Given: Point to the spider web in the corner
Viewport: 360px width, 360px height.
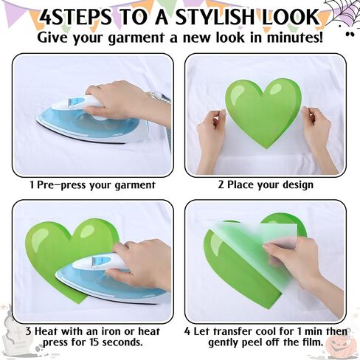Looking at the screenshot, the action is pyautogui.click(x=345, y=11).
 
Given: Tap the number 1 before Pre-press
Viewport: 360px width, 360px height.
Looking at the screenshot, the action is pyautogui.click(x=32, y=185).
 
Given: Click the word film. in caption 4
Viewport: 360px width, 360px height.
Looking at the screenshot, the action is pyautogui.click(x=312, y=342).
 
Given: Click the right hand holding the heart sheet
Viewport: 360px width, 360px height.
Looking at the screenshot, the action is pyautogui.click(x=319, y=139).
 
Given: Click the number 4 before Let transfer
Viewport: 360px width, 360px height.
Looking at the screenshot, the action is pyautogui.click(x=187, y=331).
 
